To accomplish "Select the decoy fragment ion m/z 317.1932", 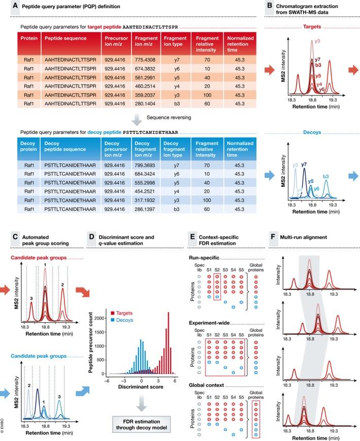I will tap(148, 184).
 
